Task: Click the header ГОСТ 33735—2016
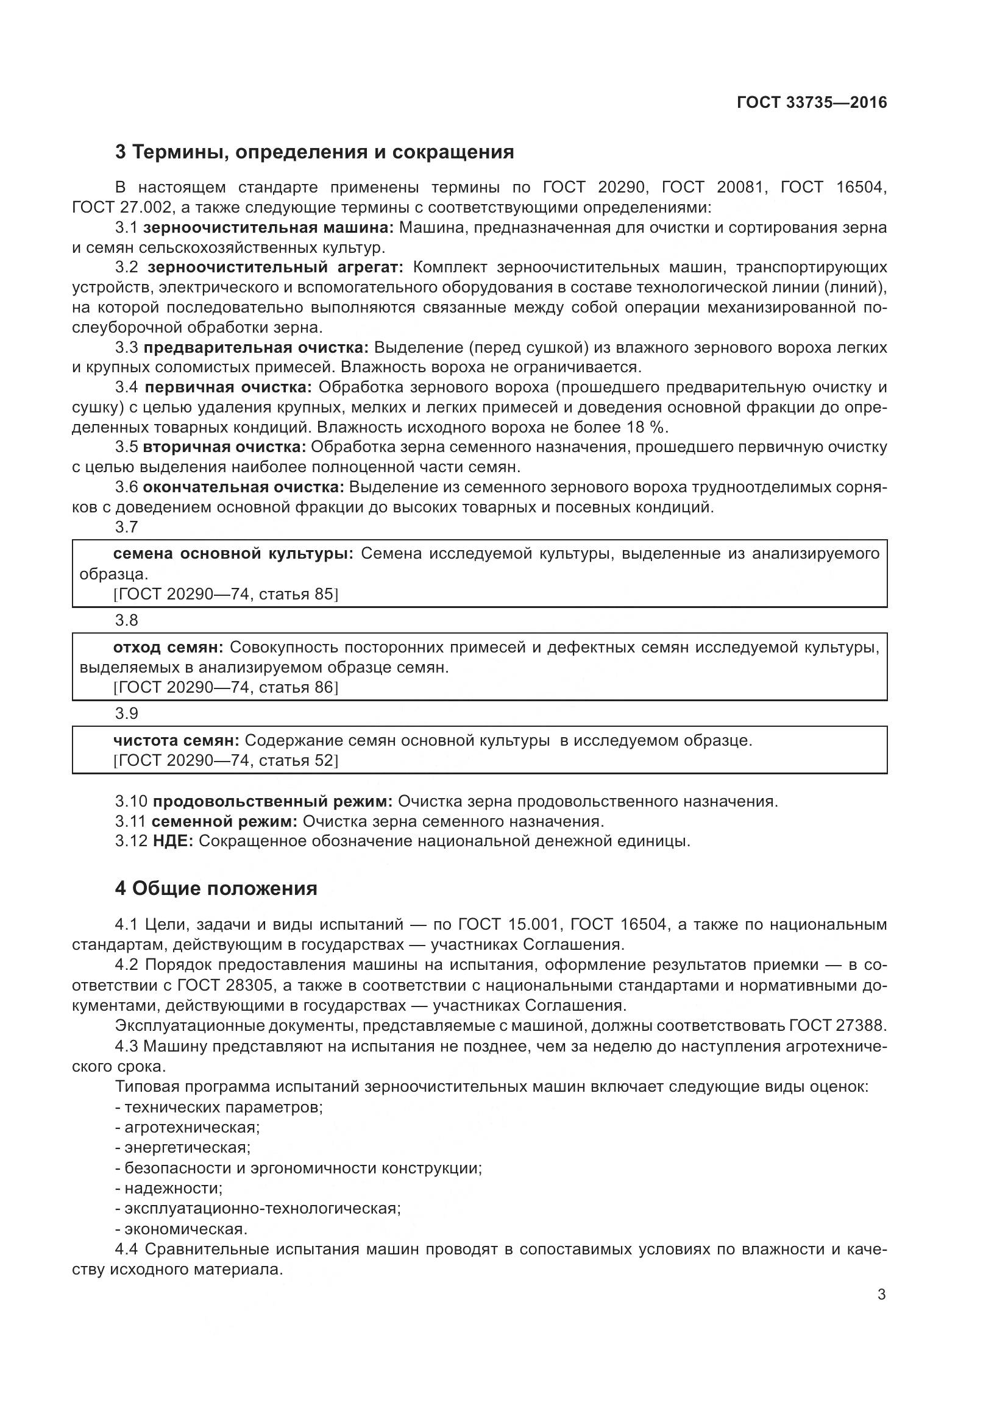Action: click(x=812, y=102)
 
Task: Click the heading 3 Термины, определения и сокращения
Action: click(x=314, y=152)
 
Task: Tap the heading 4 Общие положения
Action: click(x=215, y=888)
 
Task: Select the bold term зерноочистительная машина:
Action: click(x=268, y=227)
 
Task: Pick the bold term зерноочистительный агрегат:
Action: click(x=275, y=267)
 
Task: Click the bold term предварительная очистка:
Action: click(x=256, y=347)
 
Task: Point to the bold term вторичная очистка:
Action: click(x=224, y=447)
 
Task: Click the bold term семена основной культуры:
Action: click(x=233, y=554)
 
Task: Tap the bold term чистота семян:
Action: click(x=176, y=740)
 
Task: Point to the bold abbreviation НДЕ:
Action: click(x=173, y=841)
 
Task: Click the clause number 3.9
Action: click(x=127, y=714)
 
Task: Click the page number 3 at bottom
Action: click(x=881, y=1295)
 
